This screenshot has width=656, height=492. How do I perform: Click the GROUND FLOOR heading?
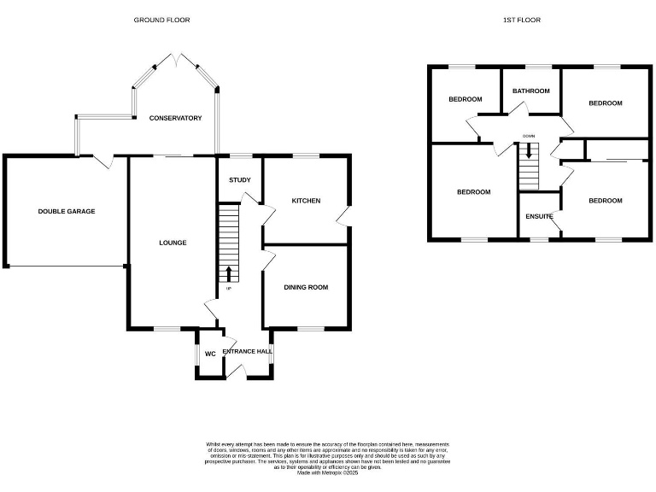coord(161,20)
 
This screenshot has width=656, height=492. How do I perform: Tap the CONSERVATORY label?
coord(175,118)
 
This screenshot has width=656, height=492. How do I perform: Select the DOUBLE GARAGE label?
coord(66,211)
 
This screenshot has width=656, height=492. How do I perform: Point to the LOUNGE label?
coord(172,243)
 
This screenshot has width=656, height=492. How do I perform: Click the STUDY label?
coord(239,180)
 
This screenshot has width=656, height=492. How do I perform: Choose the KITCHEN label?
coord(306,201)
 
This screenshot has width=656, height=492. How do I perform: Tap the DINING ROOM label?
coord(306,287)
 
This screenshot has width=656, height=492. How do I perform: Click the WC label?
coord(209,354)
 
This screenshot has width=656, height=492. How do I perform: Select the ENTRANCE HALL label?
coord(248,351)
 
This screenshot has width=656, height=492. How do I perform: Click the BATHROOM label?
coord(530,91)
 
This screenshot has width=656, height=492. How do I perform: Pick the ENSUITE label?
coord(538,217)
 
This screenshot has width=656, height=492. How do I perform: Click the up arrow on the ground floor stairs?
coord(228,273)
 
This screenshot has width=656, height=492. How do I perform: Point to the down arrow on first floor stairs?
coord(529,151)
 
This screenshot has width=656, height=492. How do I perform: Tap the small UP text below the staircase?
coord(228,289)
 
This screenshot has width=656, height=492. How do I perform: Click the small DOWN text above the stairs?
coord(529,136)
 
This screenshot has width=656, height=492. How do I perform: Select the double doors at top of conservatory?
coord(175,60)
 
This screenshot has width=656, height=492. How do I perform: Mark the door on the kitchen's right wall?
coord(343,218)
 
